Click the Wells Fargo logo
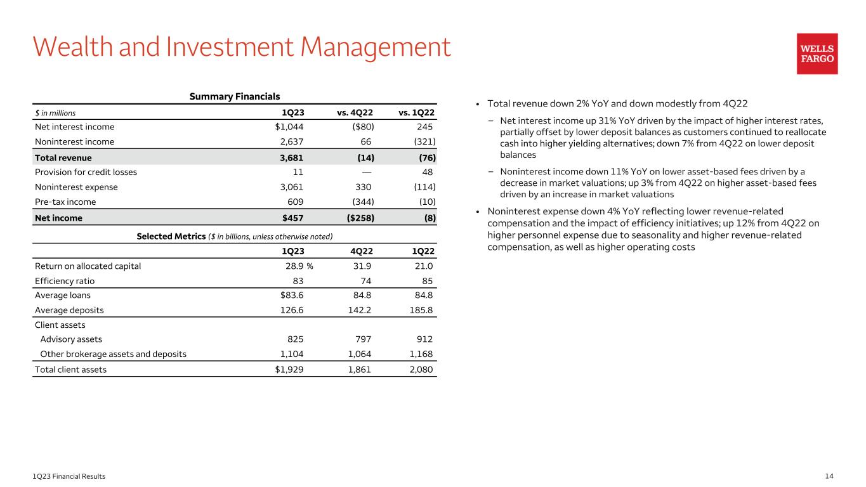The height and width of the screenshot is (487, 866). (x=817, y=54)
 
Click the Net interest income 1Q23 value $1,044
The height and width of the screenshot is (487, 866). (x=285, y=127)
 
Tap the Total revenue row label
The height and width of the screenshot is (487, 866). (x=63, y=157)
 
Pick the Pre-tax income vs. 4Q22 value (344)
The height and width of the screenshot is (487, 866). (x=359, y=202)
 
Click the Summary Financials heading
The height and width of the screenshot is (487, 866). (x=235, y=97)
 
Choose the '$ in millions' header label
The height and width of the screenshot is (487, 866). (x=55, y=113)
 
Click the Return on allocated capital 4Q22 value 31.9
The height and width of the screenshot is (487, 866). (x=362, y=266)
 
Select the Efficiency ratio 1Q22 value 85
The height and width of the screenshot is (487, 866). (x=428, y=281)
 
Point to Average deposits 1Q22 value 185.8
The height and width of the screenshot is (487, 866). (x=422, y=310)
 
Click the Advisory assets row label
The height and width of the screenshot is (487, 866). (x=71, y=339)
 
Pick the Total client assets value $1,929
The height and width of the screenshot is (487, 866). (x=287, y=370)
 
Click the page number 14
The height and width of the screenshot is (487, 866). (x=829, y=476)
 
